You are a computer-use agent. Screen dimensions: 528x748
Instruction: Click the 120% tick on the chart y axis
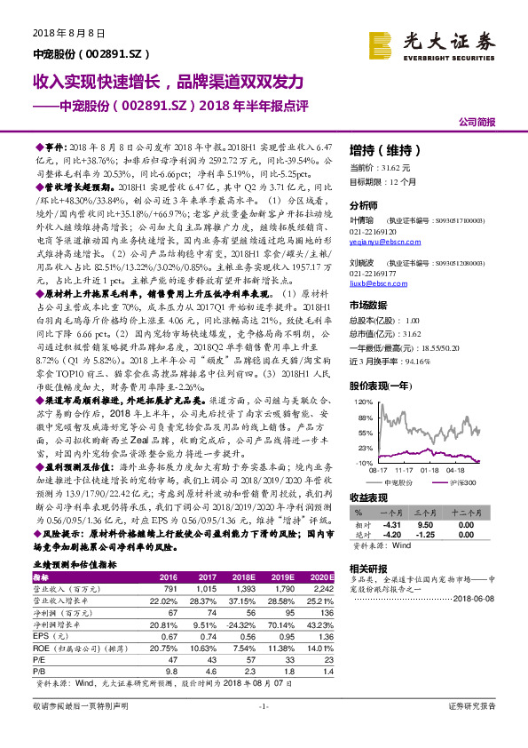pos(362,402)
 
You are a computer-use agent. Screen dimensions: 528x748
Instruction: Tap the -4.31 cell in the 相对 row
pos(391,523)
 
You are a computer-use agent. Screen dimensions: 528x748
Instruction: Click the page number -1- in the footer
pos(264,730)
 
